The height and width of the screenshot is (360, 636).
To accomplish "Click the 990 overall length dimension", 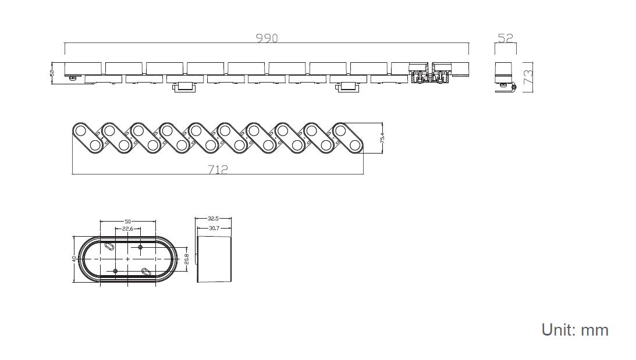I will [267, 38].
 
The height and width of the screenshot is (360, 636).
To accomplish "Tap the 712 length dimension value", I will [218, 169].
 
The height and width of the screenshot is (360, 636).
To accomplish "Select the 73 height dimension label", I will [529, 77].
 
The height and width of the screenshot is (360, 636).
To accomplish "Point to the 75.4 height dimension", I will [382, 138].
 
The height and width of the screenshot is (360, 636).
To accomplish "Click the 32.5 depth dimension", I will [214, 219].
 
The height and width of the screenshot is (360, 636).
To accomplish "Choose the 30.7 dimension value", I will [214, 228].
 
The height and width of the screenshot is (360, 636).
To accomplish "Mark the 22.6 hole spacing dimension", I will [127, 229].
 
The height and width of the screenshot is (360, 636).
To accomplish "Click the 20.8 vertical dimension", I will [186, 259].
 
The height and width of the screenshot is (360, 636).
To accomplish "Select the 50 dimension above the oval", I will [127, 222].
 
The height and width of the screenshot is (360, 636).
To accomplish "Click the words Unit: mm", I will [574, 330].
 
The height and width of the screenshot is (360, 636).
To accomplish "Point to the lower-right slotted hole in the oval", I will [147, 271].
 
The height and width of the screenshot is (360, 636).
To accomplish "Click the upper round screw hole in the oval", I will [141, 247].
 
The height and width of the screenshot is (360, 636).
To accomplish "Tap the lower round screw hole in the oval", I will [115, 271].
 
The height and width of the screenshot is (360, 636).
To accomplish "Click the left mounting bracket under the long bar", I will [184, 88].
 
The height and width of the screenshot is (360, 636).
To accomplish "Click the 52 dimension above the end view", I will [506, 38].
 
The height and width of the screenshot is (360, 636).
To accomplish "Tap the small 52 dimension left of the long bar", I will [52, 73].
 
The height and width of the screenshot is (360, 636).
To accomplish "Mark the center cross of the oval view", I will [128, 259].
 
